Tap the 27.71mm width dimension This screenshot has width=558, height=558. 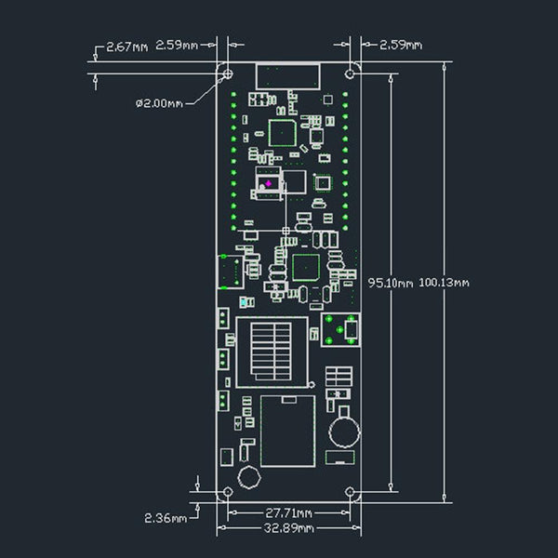click(x=288, y=512)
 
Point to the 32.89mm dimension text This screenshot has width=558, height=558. click(x=288, y=528)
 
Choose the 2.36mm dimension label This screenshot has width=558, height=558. click(x=165, y=516)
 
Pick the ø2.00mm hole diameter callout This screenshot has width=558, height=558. click(x=159, y=103)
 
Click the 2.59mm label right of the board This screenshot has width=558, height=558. click(x=401, y=45)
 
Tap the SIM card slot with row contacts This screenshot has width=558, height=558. click(x=272, y=352)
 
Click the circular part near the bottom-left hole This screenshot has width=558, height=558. click(x=248, y=478)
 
